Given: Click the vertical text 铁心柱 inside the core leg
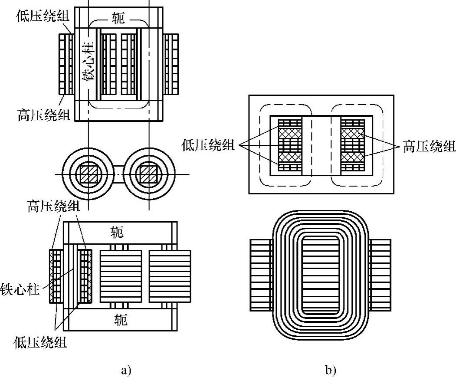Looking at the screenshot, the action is click(88, 61).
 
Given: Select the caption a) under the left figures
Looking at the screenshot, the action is click(126, 370).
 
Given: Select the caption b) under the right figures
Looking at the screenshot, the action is click(331, 370).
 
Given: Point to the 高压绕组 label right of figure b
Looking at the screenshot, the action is click(429, 146).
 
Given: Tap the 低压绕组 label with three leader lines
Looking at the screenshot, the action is click(208, 144).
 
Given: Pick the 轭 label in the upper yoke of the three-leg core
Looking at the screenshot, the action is click(118, 232).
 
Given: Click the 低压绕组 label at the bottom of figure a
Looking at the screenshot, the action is click(40, 342).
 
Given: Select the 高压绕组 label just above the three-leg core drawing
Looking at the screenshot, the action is click(54, 207).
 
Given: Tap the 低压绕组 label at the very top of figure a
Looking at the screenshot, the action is click(43, 16).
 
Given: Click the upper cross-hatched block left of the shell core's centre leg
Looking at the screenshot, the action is click(290, 134).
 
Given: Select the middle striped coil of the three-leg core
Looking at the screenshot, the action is click(121, 276).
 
